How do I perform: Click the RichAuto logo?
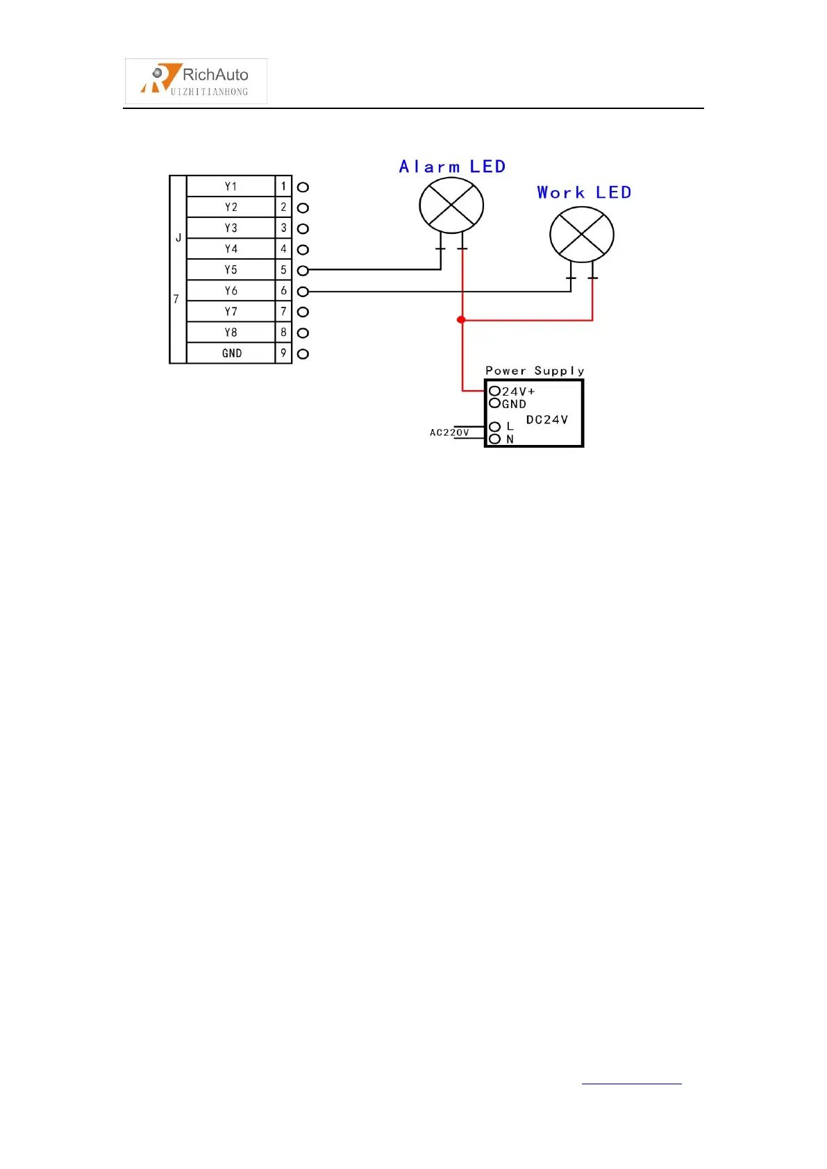[x=196, y=81]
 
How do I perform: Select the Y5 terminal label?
[x=231, y=270]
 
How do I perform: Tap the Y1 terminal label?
[x=231, y=187]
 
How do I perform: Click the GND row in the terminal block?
[x=232, y=353]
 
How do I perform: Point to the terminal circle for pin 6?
[x=303, y=292]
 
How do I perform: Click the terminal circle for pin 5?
[x=303, y=271]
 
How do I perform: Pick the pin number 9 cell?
[x=283, y=353]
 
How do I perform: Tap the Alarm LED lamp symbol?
[x=451, y=206]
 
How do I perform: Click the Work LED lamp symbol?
[x=582, y=235]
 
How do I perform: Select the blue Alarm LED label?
[x=452, y=167]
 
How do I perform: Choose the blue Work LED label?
[x=584, y=193]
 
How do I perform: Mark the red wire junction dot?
[x=461, y=320]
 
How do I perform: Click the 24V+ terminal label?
[x=518, y=392]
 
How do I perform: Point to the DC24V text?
[x=547, y=420]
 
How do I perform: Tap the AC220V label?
[x=449, y=432]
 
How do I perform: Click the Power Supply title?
[x=535, y=371]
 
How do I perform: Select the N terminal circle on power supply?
[x=495, y=439]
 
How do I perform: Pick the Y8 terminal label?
[x=231, y=333]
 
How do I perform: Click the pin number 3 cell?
[x=283, y=228]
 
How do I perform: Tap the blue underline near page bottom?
[x=631, y=1083]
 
